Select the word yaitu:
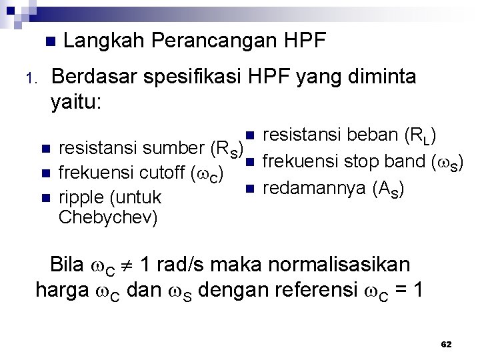76,103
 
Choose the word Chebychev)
108,217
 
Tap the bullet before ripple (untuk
45,198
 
